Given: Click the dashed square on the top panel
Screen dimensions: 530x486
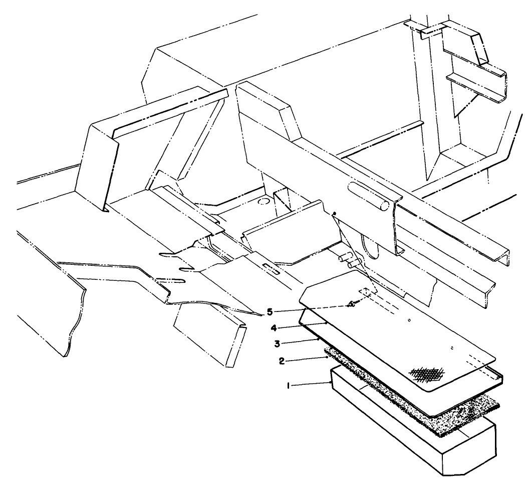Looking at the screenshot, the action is coord(367,292).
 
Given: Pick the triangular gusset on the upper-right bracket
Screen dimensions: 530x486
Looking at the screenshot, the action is coord(463,100).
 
